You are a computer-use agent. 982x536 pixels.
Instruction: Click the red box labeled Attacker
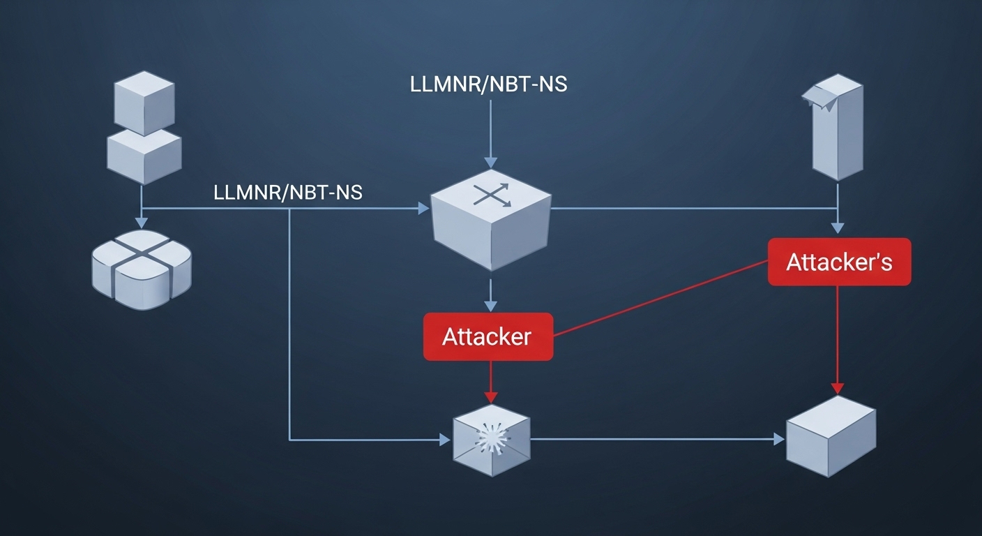[x=488, y=336]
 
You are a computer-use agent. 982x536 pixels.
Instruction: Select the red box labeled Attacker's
[x=839, y=262]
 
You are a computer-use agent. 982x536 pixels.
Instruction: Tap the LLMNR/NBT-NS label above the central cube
[x=488, y=84]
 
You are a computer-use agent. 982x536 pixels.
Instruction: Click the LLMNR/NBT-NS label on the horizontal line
[x=288, y=193]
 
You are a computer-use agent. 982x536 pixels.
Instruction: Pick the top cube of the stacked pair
[x=144, y=101]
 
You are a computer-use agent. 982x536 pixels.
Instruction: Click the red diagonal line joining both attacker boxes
[x=659, y=299]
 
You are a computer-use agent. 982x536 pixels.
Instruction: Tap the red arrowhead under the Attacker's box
[x=838, y=388]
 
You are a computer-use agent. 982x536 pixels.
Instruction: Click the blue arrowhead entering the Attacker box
[x=491, y=306]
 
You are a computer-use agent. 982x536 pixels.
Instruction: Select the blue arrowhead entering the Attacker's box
[x=838, y=228]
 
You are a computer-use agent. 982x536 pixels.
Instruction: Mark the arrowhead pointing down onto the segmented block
[x=142, y=223]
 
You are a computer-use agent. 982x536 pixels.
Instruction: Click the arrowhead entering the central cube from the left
[x=423, y=208]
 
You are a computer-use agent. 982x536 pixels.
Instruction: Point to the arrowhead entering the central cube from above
[x=491, y=160]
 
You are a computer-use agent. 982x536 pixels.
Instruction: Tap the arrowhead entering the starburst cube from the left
[x=445, y=440]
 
